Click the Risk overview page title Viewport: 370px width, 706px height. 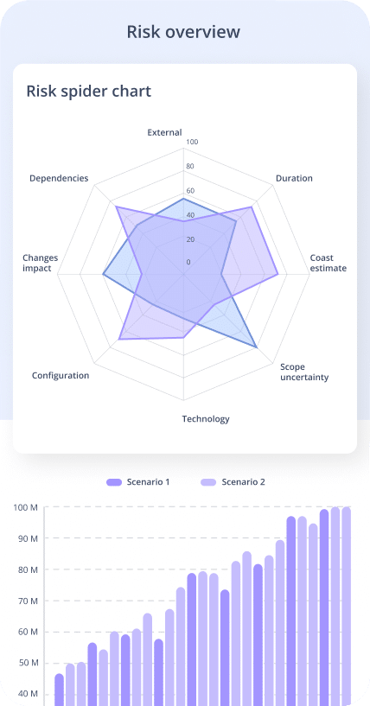183,32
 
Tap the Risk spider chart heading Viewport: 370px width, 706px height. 88,91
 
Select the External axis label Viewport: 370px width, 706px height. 164,132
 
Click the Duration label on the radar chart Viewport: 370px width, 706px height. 294,178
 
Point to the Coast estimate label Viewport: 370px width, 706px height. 329,263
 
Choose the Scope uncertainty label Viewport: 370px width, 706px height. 304,372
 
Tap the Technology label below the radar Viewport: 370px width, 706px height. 206,419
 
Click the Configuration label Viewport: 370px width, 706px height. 61,375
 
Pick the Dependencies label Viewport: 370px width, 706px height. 59,178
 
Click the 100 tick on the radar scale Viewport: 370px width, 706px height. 192,142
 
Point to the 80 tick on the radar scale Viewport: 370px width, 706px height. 190,166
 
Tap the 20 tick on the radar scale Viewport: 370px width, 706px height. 190,239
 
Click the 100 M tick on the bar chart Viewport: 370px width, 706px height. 26,507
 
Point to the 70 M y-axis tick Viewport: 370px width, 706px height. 28,601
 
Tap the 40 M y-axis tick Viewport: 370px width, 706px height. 28,694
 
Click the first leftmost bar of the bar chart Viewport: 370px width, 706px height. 59,690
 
